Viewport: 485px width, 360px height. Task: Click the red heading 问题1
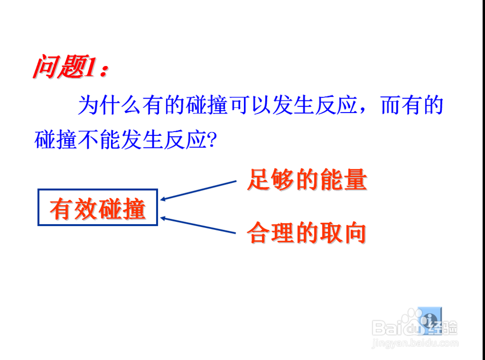point(70,68)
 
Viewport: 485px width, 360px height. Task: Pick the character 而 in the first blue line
point(389,106)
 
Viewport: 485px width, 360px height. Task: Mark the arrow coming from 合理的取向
point(199,226)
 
